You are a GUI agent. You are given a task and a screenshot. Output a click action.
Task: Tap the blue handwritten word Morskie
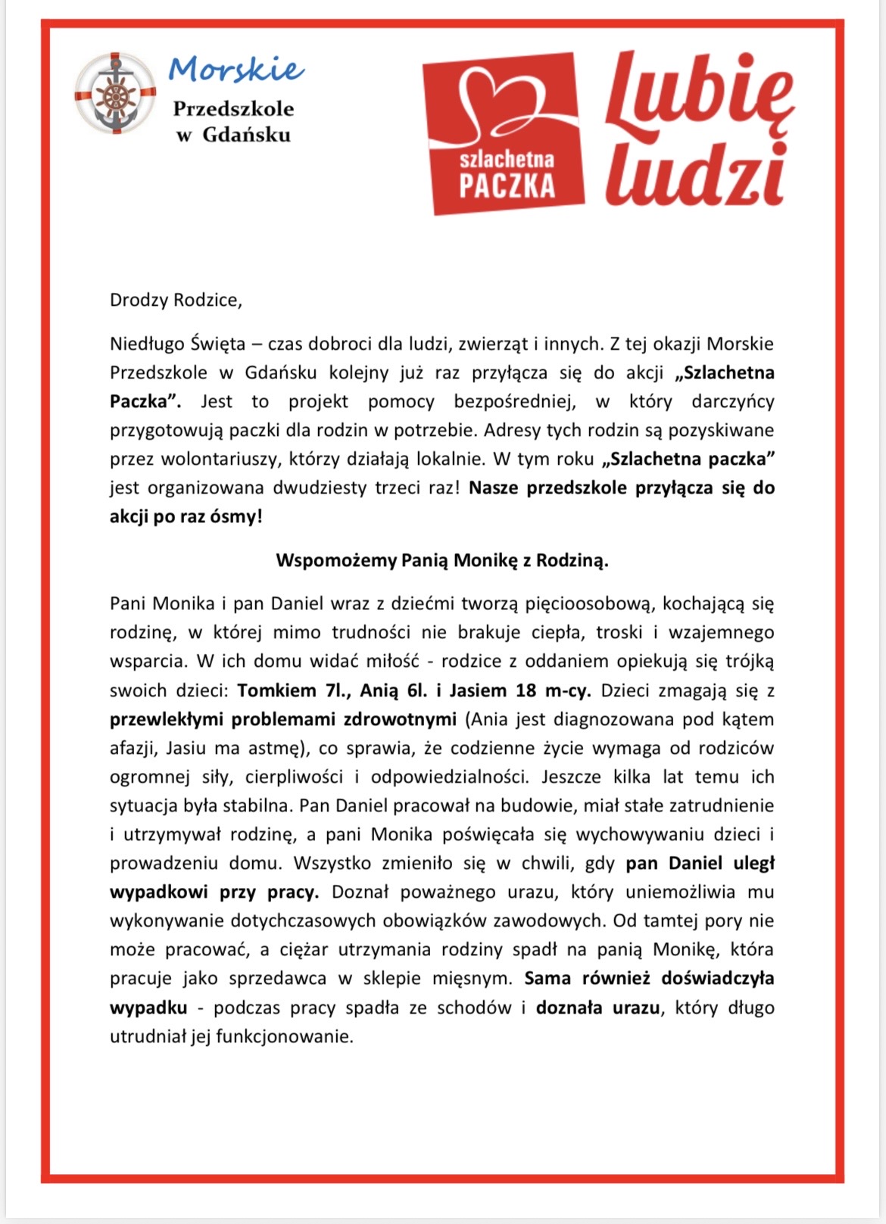pos(236,70)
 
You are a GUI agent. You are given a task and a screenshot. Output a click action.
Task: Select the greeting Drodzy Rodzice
pos(176,300)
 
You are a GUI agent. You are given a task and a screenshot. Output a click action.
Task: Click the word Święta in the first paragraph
pos(218,344)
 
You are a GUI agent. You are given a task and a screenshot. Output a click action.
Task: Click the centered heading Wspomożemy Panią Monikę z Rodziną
pos(442,561)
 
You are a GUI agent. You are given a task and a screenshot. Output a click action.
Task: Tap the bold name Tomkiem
pos(276,690)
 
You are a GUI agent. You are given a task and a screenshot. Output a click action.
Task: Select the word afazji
pos(132,748)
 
